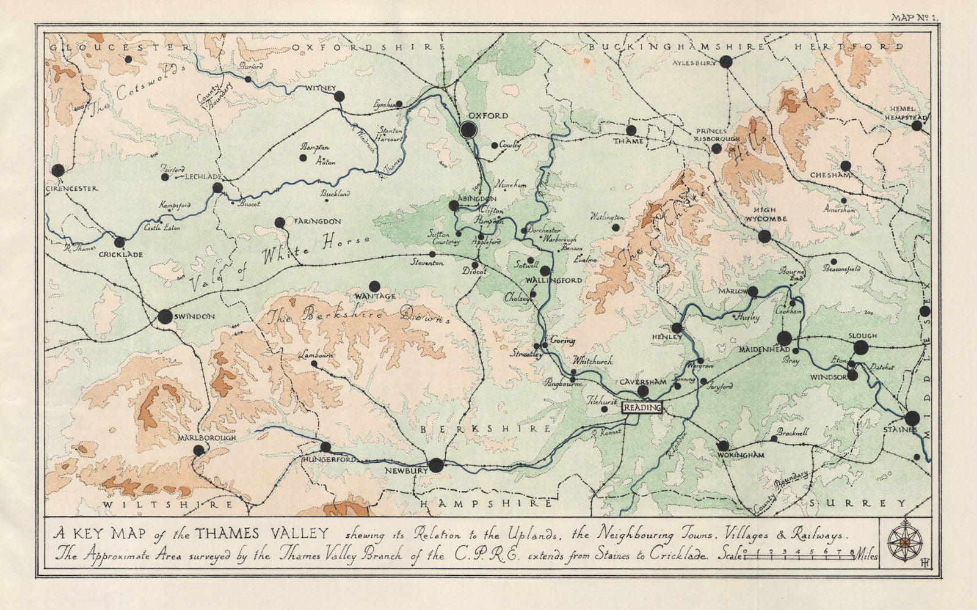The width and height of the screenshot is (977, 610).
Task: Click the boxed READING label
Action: (642, 408)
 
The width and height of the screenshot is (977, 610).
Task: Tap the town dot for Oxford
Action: (468, 129)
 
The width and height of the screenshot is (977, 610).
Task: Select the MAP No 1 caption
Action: (913, 18)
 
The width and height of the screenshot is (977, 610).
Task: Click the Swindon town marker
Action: (165, 317)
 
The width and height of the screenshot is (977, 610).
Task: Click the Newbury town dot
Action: (435, 466)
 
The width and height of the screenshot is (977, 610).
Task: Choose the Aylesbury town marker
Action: (725, 61)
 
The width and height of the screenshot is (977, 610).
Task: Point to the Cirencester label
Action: (72, 188)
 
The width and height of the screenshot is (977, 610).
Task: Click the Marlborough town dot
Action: (198, 450)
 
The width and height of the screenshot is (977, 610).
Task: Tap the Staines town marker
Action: (912, 418)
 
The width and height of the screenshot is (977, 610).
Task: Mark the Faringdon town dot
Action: (280, 222)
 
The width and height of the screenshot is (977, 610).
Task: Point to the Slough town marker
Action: (860, 348)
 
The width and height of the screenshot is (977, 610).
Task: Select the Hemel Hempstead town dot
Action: (917, 126)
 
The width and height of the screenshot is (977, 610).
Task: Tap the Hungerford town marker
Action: (325, 447)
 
